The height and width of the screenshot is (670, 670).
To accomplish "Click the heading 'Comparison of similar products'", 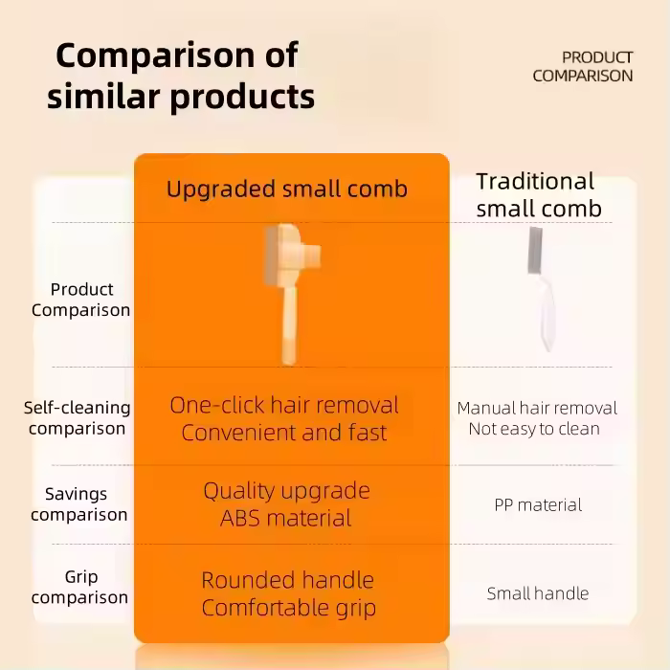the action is [x=181, y=76].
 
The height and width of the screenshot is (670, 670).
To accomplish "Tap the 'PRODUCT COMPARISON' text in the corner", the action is [x=582, y=66].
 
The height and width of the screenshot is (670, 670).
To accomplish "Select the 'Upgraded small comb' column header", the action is [x=287, y=189].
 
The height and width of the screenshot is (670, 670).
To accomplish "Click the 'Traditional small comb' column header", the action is [x=539, y=195].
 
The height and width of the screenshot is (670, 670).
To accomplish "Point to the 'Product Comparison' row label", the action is [x=80, y=300].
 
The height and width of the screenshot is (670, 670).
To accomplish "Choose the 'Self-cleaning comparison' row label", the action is [x=77, y=418].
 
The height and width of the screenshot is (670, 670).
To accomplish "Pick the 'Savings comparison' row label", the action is [x=79, y=504].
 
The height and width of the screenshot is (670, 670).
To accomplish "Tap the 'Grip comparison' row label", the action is [x=79, y=587].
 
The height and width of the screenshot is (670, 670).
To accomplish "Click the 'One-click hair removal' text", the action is [x=284, y=405].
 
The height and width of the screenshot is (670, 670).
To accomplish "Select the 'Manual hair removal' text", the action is [x=537, y=408].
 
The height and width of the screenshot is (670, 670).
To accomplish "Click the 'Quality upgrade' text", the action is [x=287, y=491].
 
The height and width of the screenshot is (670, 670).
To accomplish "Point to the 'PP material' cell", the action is [x=538, y=505].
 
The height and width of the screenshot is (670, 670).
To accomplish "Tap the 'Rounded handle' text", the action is [x=287, y=580].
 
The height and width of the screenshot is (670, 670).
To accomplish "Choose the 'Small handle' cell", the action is [x=538, y=593].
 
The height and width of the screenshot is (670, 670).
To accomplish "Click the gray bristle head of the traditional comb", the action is [x=535, y=251].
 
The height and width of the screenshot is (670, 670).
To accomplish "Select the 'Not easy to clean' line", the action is [x=534, y=429].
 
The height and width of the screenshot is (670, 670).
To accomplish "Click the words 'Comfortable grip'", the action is [x=289, y=608].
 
